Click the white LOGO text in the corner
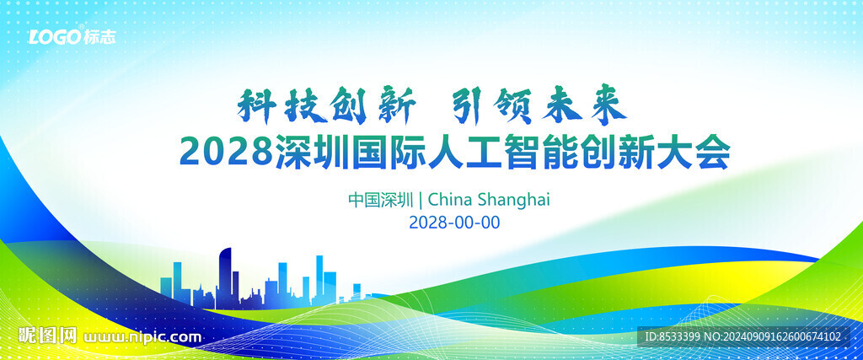56,37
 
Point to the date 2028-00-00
454,223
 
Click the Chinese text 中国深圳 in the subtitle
380,199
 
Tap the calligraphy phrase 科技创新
326,105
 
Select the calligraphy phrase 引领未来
539,105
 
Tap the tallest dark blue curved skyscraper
225,277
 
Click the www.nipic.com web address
142,337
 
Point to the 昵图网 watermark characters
48,336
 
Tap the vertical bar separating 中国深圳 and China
421,199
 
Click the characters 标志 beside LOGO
100,37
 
